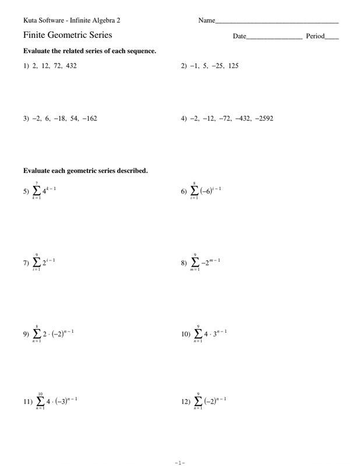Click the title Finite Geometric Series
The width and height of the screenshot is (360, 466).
(x=68, y=36)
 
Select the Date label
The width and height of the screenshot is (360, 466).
(x=239, y=37)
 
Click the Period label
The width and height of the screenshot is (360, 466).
(x=315, y=37)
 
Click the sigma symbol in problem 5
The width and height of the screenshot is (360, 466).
(x=37, y=191)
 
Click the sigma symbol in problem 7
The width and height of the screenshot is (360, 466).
(x=37, y=263)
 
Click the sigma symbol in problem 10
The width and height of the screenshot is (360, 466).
(x=199, y=334)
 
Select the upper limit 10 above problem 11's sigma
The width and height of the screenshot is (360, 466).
(x=40, y=393)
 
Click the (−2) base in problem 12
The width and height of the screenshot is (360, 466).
(x=207, y=401)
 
